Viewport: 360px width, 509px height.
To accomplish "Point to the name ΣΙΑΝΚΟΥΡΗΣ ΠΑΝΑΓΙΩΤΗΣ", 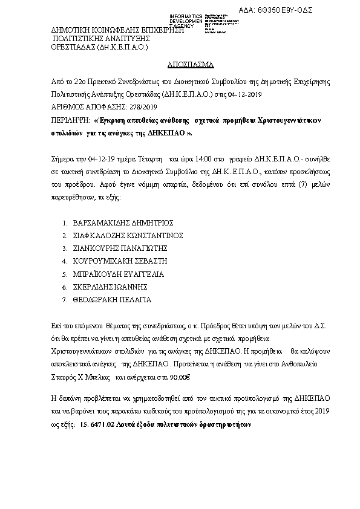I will click(x=119, y=248).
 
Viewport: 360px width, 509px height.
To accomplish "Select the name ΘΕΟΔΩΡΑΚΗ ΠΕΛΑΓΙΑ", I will click(x=112, y=299).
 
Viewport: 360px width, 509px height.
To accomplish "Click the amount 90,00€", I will click(x=179, y=377).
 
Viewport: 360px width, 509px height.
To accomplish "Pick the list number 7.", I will click(x=64, y=299).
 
